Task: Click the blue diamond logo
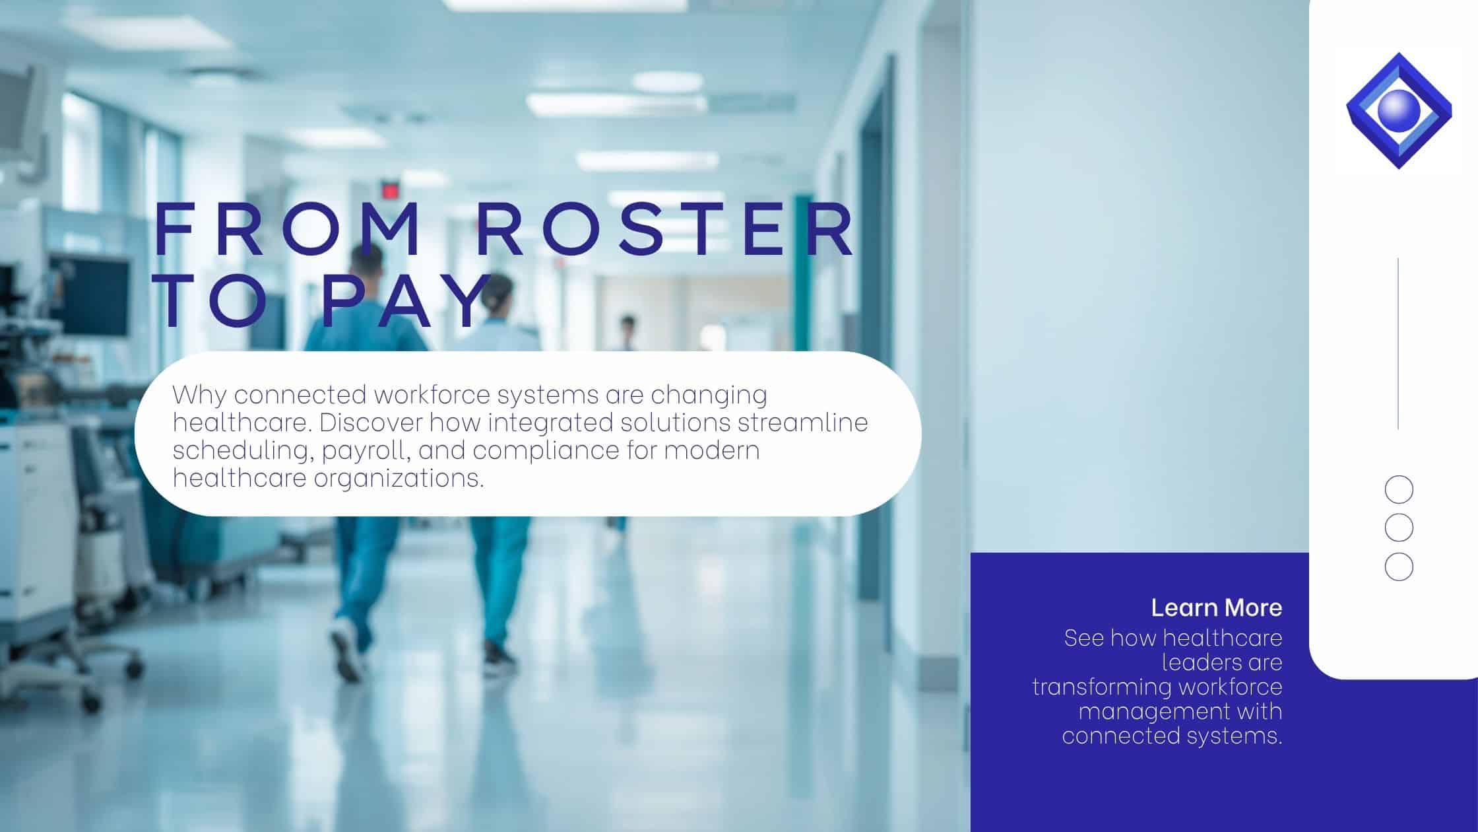1399,110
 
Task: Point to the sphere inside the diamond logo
1398,110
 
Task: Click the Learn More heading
1217,607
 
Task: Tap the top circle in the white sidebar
1399,491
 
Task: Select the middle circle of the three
1399,528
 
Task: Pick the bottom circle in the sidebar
1399,567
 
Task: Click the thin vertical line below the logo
1398,343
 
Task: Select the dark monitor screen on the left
90,295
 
